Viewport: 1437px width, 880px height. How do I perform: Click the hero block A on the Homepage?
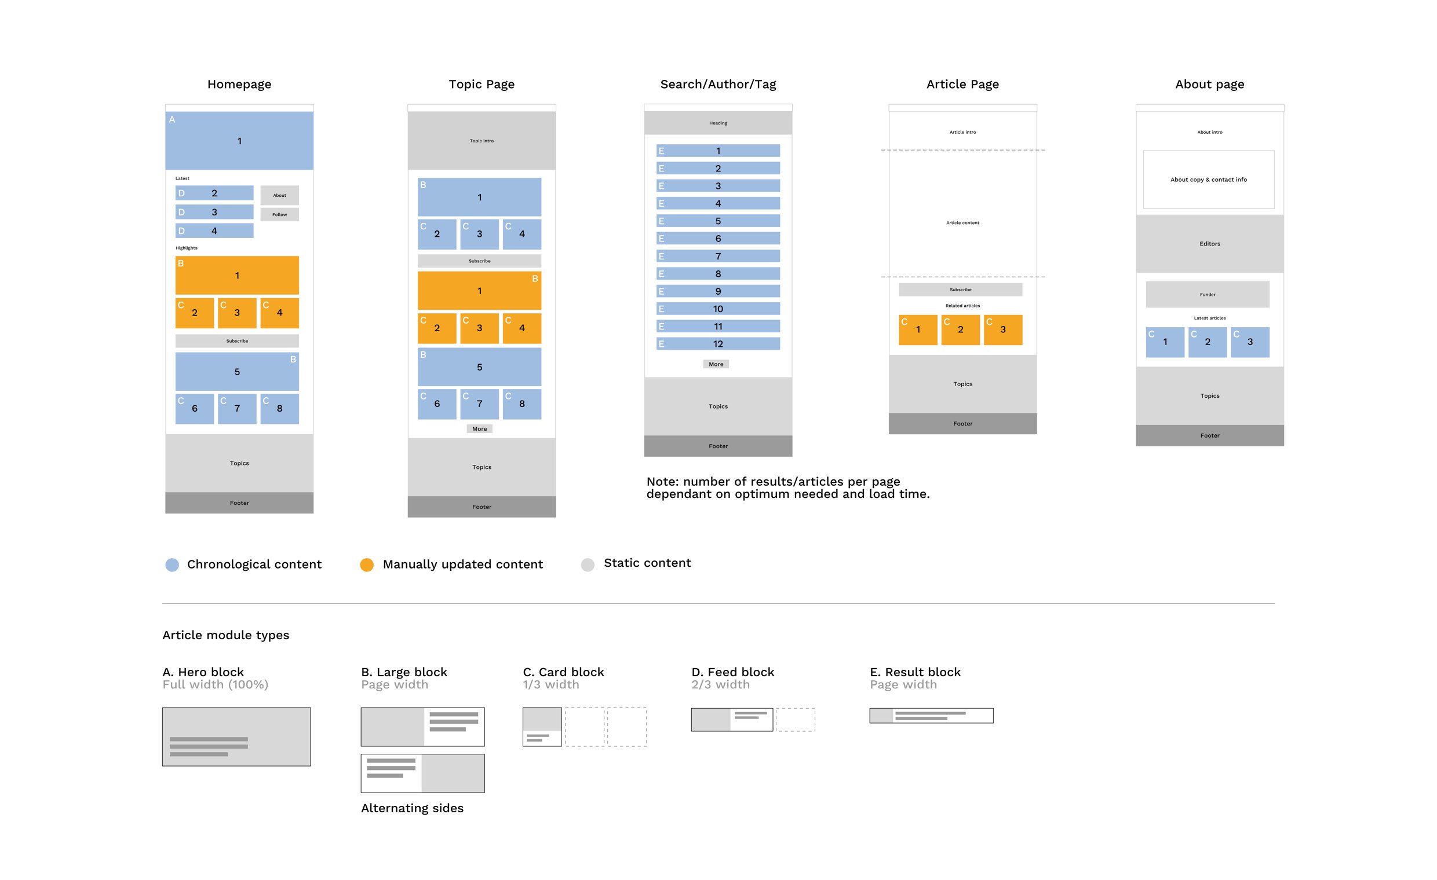point(239,141)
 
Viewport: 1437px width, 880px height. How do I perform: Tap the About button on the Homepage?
point(279,195)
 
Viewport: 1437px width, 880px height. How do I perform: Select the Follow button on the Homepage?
point(279,214)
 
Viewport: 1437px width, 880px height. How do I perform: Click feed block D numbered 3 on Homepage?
point(214,212)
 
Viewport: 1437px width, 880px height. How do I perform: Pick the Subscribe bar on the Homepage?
point(237,341)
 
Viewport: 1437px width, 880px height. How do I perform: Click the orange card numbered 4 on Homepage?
point(279,313)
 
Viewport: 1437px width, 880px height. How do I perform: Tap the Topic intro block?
point(481,141)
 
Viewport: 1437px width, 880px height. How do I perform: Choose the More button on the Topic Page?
point(479,429)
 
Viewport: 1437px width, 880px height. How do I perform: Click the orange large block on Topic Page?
point(479,291)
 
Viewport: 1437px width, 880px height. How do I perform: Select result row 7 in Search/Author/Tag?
point(718,256)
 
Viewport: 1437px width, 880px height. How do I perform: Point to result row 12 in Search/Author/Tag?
point(718,344)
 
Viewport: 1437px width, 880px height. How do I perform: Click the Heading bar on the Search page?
point(718,123)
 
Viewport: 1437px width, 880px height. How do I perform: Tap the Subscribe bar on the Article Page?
point(960,289)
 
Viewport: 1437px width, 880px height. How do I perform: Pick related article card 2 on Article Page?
point(960,330)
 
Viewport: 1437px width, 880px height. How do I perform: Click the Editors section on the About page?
point(1209,244)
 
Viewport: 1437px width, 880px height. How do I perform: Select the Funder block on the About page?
point(1207,294)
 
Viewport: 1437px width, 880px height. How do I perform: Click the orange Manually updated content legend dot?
point(367,564)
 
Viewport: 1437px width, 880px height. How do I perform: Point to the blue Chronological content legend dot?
point(172,564)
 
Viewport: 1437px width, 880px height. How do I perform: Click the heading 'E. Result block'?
point(915,672)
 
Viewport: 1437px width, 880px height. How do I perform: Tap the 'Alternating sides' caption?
point(412,808)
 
